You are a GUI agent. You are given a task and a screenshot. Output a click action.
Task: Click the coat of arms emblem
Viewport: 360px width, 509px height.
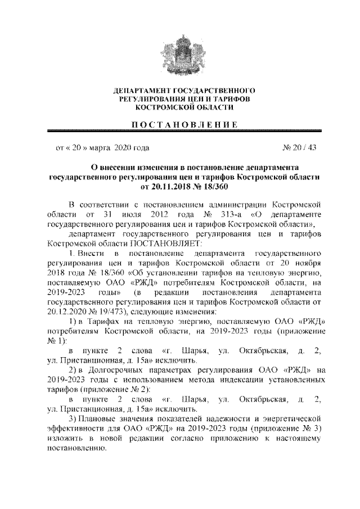pos(180,54)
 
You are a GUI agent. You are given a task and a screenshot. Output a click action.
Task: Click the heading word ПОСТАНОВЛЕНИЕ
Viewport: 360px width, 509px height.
pos(180,125)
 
